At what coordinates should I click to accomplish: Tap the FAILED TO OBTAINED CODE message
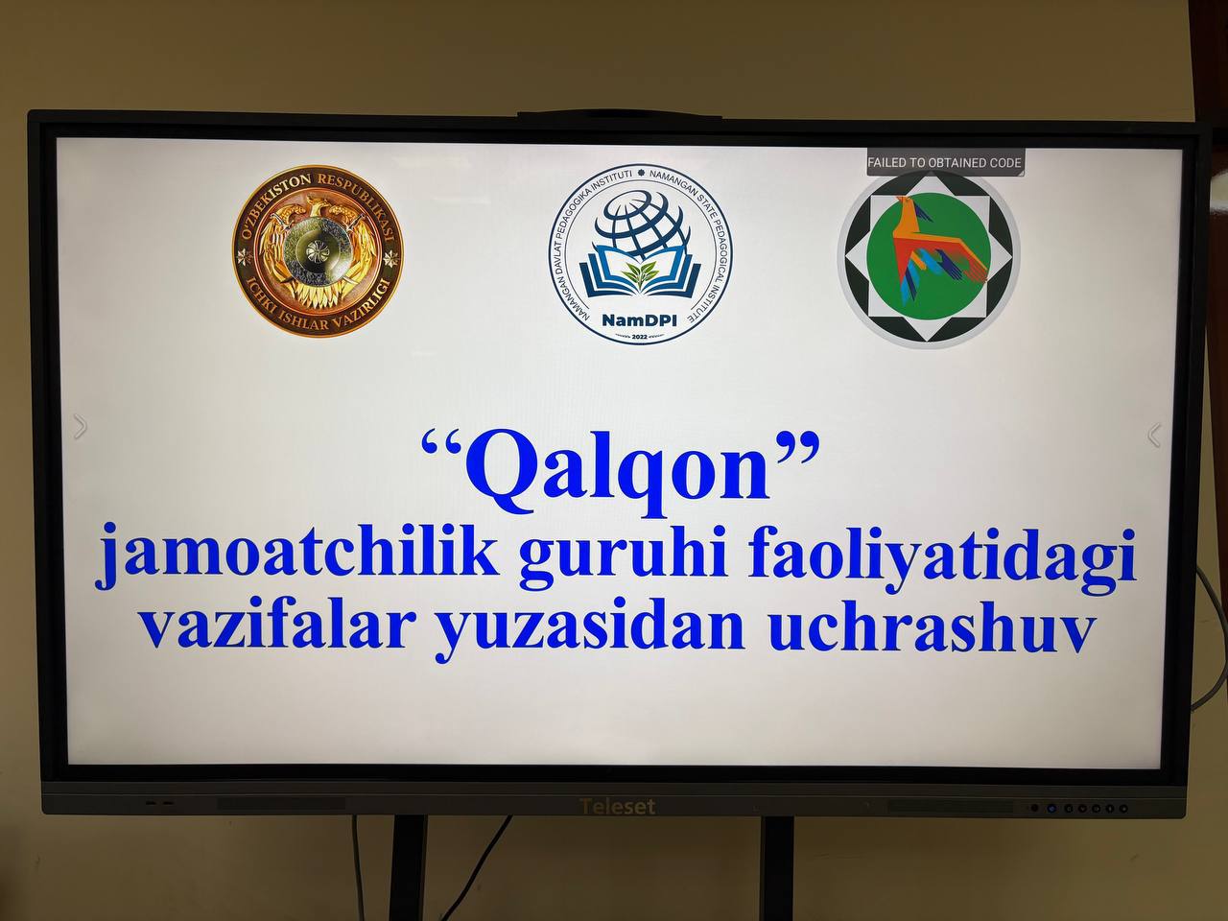(x=944, y=163)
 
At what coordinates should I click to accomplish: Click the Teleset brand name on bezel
(x=618, y=807)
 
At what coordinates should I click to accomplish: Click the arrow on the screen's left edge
(x=81, y=426)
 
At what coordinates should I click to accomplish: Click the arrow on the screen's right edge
(x=1154, y=435)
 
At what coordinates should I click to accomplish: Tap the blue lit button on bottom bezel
(x=1051, y=808)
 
